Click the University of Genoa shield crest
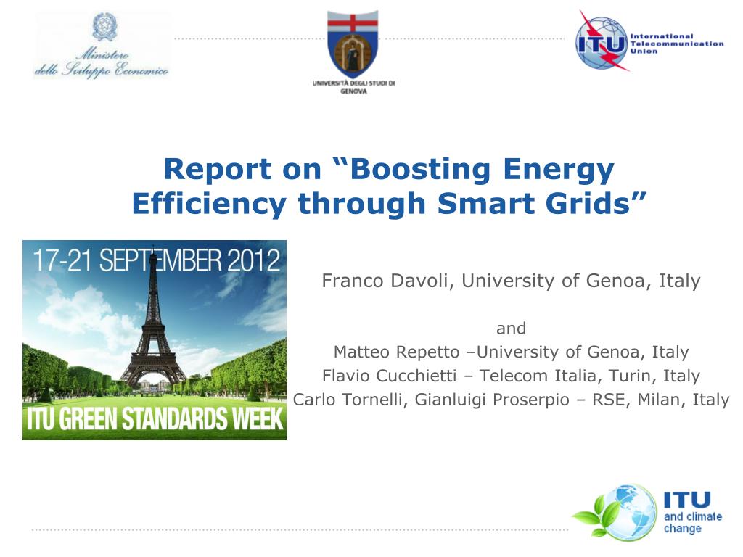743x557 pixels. pos(353,44)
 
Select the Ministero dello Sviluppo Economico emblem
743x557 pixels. pos(104,27)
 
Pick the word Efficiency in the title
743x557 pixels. pos(209,205)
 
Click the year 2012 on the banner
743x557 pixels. pos(253,260)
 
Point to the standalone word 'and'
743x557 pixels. pos(511,329)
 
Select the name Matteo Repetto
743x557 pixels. pos(397,352)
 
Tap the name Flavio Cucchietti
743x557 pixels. pos(389,376)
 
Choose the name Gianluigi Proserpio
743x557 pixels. pos(492,400)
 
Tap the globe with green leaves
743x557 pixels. pos(617,513)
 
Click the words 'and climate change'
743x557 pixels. pos(692,522)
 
